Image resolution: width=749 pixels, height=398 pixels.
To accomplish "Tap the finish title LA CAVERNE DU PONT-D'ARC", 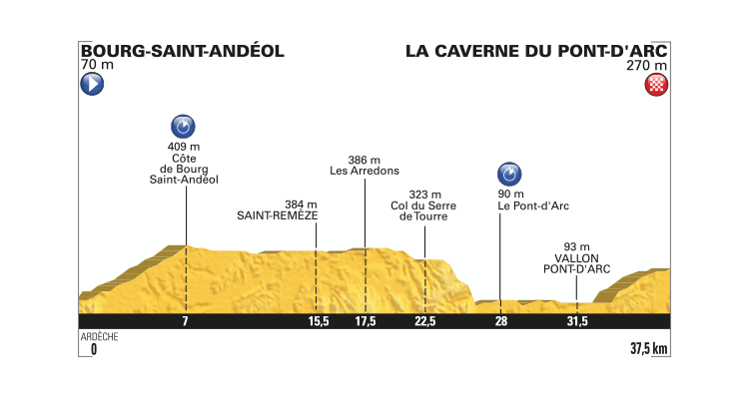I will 536,50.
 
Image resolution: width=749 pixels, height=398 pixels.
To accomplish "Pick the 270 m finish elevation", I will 653,66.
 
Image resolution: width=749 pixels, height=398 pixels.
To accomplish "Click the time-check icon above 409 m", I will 183,126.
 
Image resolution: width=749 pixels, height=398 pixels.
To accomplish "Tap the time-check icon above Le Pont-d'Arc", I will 508,173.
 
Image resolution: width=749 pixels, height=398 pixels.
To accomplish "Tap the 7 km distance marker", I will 185,321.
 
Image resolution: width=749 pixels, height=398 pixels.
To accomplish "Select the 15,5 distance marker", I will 316,321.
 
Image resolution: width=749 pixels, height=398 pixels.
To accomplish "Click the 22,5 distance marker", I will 424,321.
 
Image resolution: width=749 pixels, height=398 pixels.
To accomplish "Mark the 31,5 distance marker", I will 577,321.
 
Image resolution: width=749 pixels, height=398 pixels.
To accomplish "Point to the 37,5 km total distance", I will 648,349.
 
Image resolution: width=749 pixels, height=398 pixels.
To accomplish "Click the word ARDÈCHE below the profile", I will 99,337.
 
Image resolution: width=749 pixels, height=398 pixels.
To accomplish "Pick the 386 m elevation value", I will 365,160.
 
